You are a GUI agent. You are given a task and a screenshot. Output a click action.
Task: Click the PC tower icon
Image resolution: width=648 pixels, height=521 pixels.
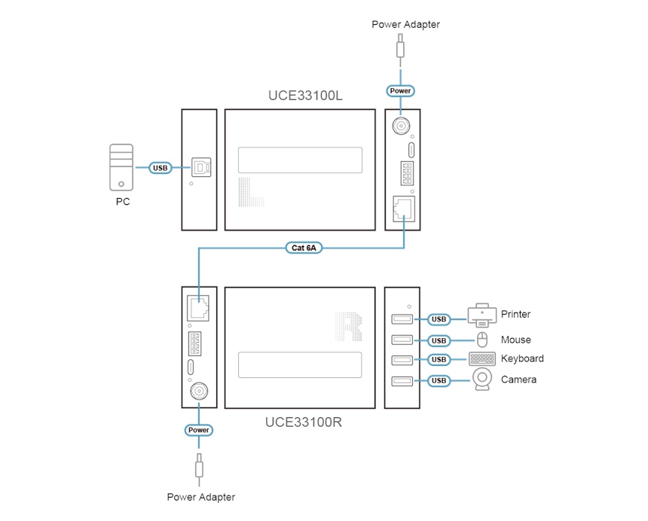(x=121, y=167)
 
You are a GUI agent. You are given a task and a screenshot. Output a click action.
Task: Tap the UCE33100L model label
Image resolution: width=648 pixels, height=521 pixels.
(x=305, y=96)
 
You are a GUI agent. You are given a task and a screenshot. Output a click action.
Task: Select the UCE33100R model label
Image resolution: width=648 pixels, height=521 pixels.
(x=304, y=422)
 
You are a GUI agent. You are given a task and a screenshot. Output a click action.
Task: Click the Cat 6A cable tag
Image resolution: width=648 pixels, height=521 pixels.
(x=304, y=248)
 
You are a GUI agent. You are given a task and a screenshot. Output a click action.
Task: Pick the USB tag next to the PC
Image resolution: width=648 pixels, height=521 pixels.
(x=160, y=168)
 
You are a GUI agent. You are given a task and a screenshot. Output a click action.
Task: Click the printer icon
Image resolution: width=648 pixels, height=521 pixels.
(x=482, y=315)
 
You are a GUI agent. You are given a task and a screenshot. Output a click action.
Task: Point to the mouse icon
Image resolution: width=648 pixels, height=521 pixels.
(x=482, y=340)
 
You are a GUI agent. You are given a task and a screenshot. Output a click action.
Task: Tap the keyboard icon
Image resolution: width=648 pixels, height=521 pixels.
(x=482, y=359)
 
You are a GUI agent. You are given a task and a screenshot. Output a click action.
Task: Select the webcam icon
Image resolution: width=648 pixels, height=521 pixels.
(x=482, y=379)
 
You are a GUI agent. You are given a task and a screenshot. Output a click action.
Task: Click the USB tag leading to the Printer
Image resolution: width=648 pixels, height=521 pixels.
(x=439, y=319)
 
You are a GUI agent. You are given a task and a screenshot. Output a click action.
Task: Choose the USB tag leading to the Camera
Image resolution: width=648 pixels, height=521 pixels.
(x=439, y=381)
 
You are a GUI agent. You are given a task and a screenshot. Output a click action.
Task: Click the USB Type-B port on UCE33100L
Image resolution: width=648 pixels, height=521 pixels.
(x=201, y=167)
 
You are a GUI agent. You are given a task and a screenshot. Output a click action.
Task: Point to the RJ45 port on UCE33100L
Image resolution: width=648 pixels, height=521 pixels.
(x=404, y=209)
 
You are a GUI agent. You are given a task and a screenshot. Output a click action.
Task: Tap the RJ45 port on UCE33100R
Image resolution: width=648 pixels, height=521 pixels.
(x=198, y=308)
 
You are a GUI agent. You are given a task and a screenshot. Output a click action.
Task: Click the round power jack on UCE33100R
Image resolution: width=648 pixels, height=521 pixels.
(x=199, y=391)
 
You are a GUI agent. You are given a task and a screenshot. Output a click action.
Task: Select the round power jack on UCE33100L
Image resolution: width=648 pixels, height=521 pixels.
(x=401, y=126)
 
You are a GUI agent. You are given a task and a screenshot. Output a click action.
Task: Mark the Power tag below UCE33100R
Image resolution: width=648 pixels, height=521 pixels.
(x=199, y=430)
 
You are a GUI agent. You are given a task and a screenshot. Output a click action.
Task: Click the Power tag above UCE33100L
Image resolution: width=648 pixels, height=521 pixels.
(x=400, y=91)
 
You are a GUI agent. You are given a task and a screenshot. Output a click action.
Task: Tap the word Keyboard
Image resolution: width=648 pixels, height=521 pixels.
(x=522, y=359)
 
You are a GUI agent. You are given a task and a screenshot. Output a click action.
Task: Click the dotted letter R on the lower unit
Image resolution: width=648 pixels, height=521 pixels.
(x=348, y=327)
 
